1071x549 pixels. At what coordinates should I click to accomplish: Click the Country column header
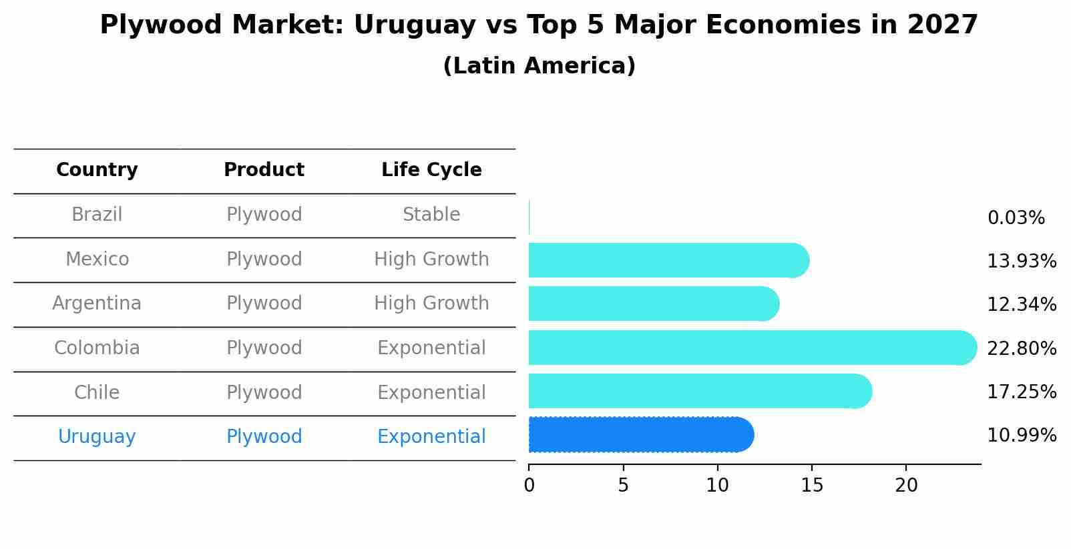point(97,170)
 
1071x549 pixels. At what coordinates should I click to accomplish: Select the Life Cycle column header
point(431,170)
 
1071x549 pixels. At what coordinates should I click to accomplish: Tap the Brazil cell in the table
point(97,215)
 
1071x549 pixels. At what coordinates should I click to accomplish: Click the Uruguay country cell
point(97,437)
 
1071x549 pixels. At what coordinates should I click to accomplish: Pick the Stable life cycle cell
point(431,215)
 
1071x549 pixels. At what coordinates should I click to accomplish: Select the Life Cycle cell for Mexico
point(431,259)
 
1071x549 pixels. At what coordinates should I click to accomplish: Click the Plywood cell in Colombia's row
point(264,348)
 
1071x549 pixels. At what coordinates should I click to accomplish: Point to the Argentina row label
point(97,304)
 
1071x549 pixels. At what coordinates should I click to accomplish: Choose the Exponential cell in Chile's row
point(431,393)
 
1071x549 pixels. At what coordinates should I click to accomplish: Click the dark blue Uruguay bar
point(641,435)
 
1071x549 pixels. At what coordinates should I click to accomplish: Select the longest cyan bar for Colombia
point(751,348)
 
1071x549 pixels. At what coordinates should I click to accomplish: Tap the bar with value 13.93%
point(668,260)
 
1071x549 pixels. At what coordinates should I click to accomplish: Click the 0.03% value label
point(1016,218)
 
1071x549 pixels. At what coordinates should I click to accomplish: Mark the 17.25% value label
point(1022,392)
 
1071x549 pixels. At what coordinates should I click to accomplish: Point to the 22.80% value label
point(1022,349)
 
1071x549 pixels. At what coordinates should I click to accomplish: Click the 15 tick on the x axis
point(812,486)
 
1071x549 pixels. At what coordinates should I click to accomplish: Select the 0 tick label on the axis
point(529,486)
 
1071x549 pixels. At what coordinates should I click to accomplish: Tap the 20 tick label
point(906,486)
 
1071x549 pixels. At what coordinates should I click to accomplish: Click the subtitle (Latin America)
point(539,66)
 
